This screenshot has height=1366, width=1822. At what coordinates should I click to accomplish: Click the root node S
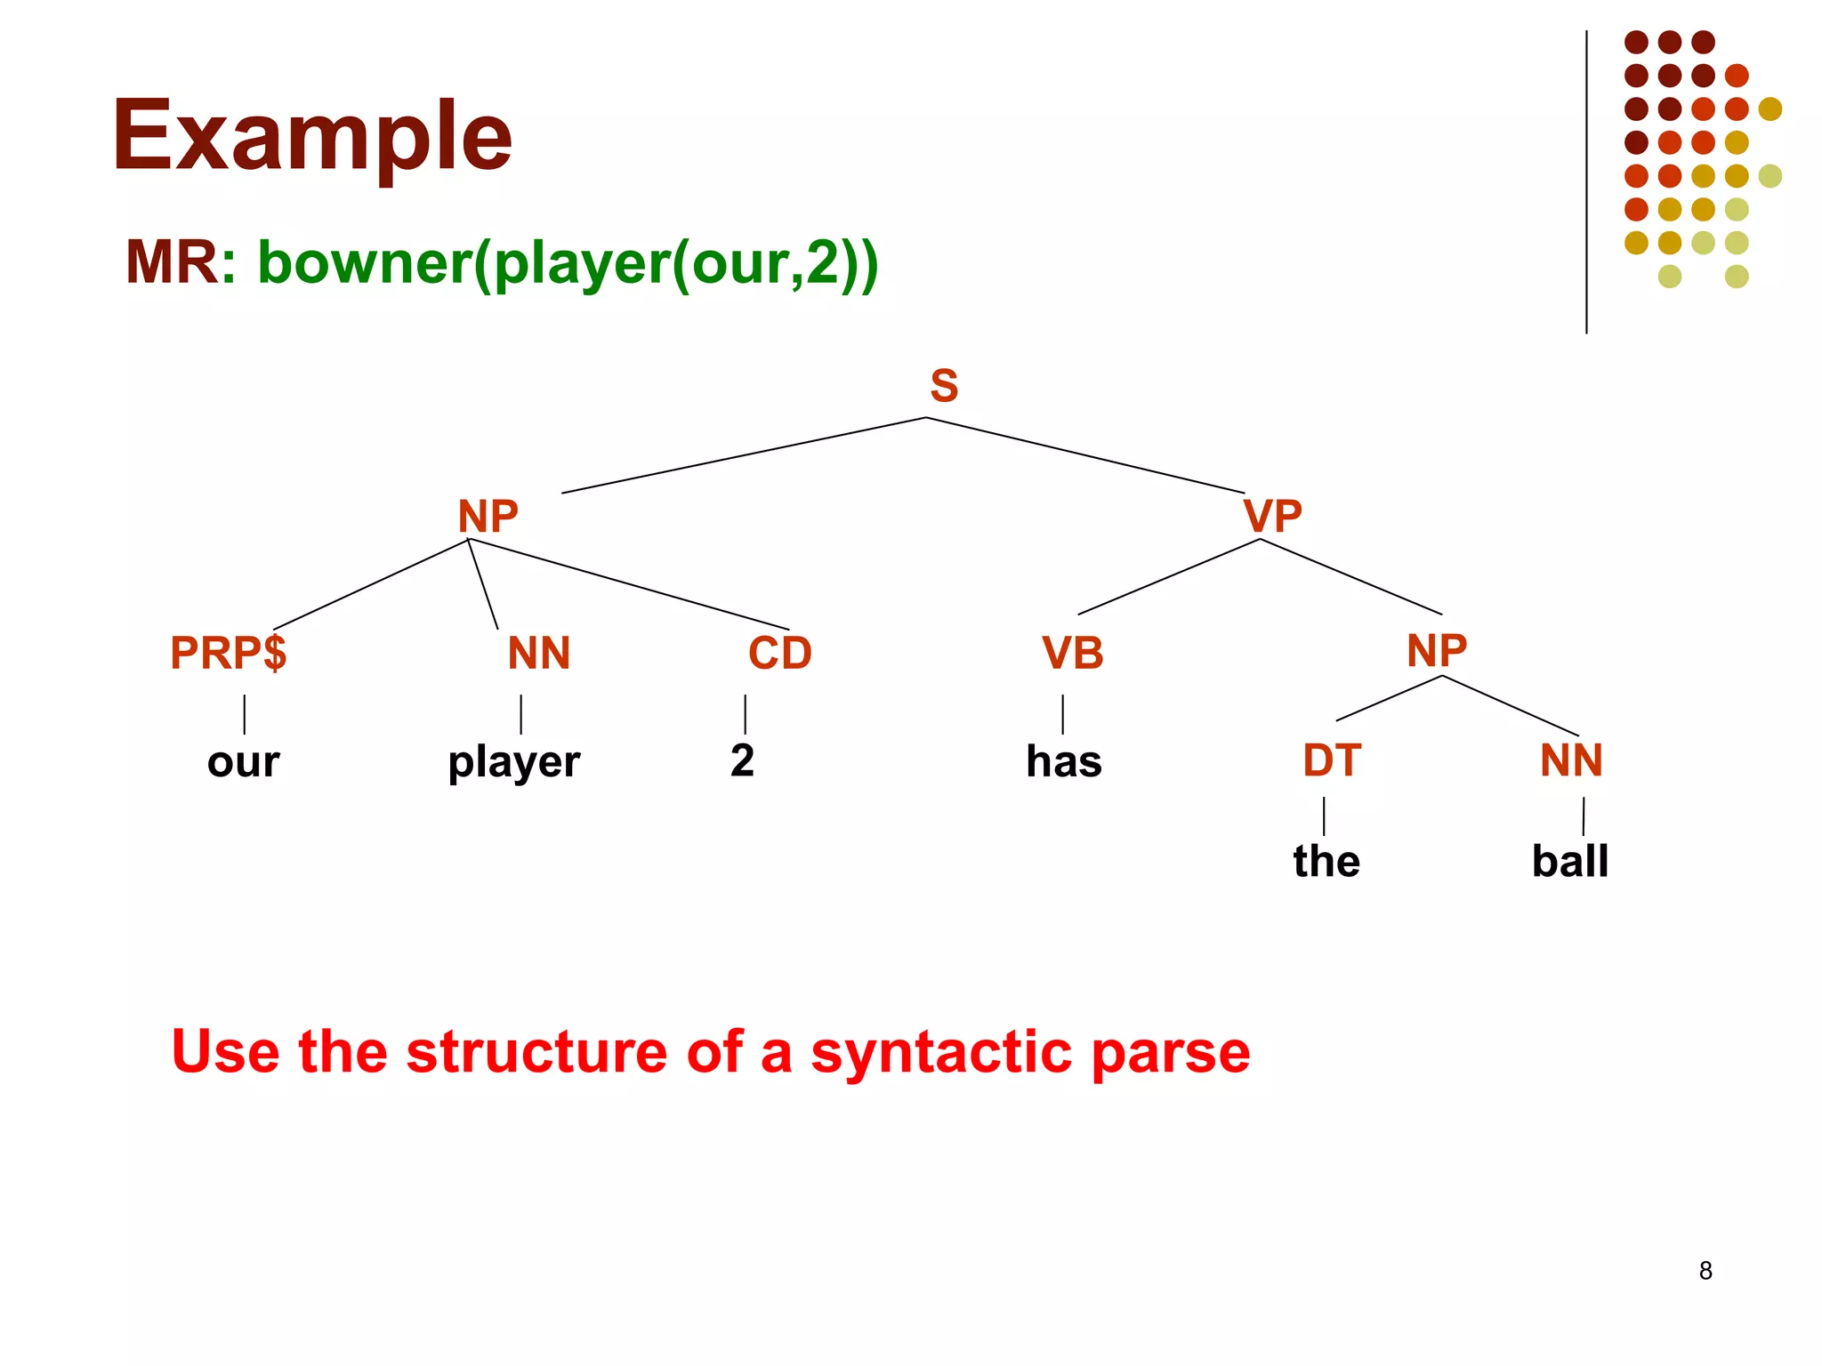click(x=944, y=386)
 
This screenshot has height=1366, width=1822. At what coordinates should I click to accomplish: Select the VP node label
click(x=1272, y=516)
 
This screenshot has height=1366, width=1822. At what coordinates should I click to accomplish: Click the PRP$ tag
click(x=229, y=653)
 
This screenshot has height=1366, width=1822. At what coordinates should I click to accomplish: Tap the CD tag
click(x=779, y=653)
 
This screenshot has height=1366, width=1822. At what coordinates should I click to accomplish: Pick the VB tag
click(x=1072, y=653)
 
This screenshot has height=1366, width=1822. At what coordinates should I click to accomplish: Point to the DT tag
click(x=1332, y=760)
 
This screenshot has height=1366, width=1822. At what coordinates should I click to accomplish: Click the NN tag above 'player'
click(x=538, y=653)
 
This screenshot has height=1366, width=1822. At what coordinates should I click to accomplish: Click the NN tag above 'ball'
click(x=1571, y=760)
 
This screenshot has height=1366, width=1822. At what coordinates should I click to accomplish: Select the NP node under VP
click(x=1436, y=650)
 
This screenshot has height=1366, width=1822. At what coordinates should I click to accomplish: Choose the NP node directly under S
click(x=488, y=516)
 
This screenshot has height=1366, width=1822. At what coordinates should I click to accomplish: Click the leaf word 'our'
click(x=243, y=762)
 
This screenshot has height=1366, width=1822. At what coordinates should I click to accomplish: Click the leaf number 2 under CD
click(x=742, y=760)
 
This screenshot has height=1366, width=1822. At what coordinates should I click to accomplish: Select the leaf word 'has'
click(x=1063, y=761)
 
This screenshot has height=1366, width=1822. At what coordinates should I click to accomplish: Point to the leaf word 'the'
click(x=1326, y=861)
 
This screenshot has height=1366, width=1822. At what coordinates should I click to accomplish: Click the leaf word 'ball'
click(x=1569, y=861)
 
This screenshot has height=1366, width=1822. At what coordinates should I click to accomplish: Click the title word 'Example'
click(x=311, y=136)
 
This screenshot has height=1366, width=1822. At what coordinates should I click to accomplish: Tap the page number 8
click(x=1705, y=1271)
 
